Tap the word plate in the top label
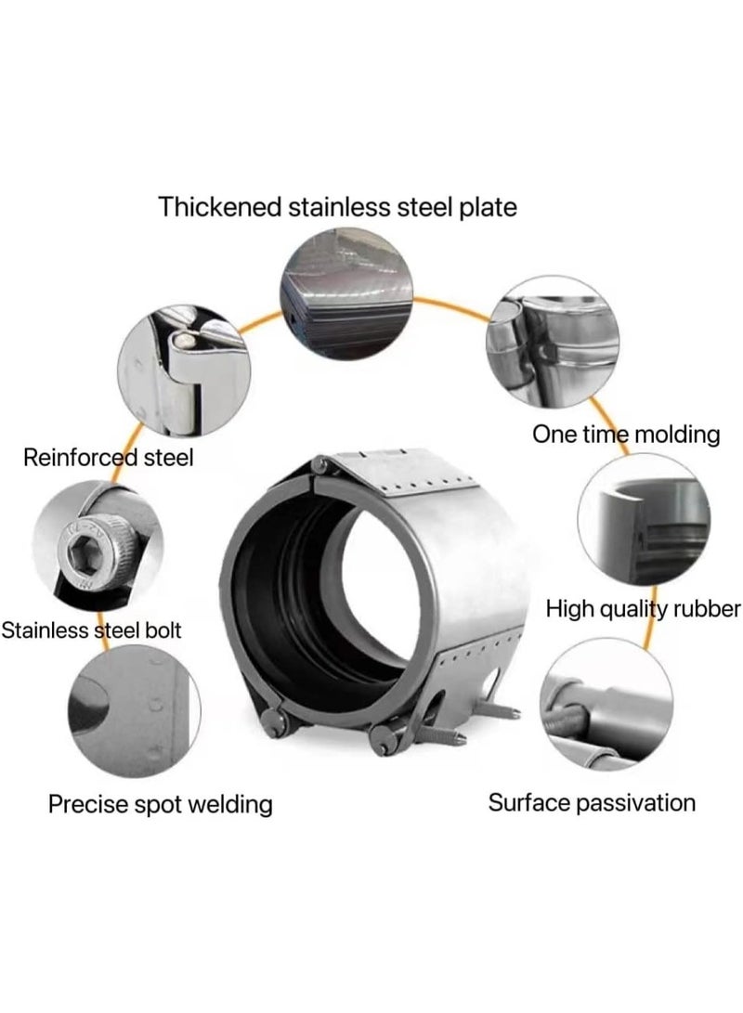coord(488,208)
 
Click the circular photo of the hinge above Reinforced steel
coord(184,371)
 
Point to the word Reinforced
coord(81,458)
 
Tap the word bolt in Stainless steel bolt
coord(163,630)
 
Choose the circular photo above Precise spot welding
coord(134,710)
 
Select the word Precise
coord(88,804)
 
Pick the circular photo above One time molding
coord(553,342)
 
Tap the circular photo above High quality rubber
coord(644,520)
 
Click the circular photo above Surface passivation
coord(606,704)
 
